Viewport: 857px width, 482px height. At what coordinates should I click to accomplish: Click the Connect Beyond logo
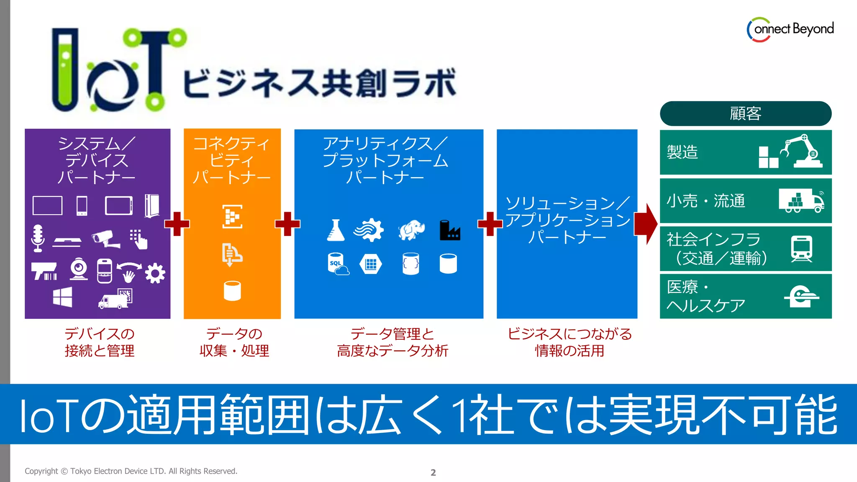[x=790, y=29]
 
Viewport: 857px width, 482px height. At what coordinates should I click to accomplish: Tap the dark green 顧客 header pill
[x=745, y=113]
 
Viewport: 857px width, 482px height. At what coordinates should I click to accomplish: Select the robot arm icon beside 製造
[x=801, y=151]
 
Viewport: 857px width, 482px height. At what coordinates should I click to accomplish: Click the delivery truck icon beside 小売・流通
[x=801, y=200]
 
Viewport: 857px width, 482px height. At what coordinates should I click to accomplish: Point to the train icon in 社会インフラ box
[x=801, y=249]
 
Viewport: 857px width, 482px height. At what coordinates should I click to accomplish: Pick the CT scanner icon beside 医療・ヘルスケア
[x=801, y=296]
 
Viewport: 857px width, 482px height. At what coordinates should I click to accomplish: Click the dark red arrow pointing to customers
[x=646, y=224]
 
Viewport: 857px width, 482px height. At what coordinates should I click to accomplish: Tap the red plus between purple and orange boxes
[x=177, y=224]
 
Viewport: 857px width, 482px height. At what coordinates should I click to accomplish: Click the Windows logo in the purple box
[x=62, y=297]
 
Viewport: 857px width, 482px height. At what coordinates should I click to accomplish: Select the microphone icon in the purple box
[x=38, y=238]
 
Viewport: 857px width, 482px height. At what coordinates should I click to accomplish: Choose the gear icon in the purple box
[x=155, y=273]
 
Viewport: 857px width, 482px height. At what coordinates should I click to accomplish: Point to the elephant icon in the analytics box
[x=411, y=230]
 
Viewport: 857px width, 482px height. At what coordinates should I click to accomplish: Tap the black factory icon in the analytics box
[x=449, y=231]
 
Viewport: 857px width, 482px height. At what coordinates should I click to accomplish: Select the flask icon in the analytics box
[x=336, y=231]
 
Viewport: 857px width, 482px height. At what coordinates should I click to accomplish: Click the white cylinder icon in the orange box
[x=232, y=291]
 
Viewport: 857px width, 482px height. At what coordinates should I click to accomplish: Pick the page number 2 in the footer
[x=433, y=472]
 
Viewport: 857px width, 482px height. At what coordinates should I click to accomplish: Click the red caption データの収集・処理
[x=234, y=342]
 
